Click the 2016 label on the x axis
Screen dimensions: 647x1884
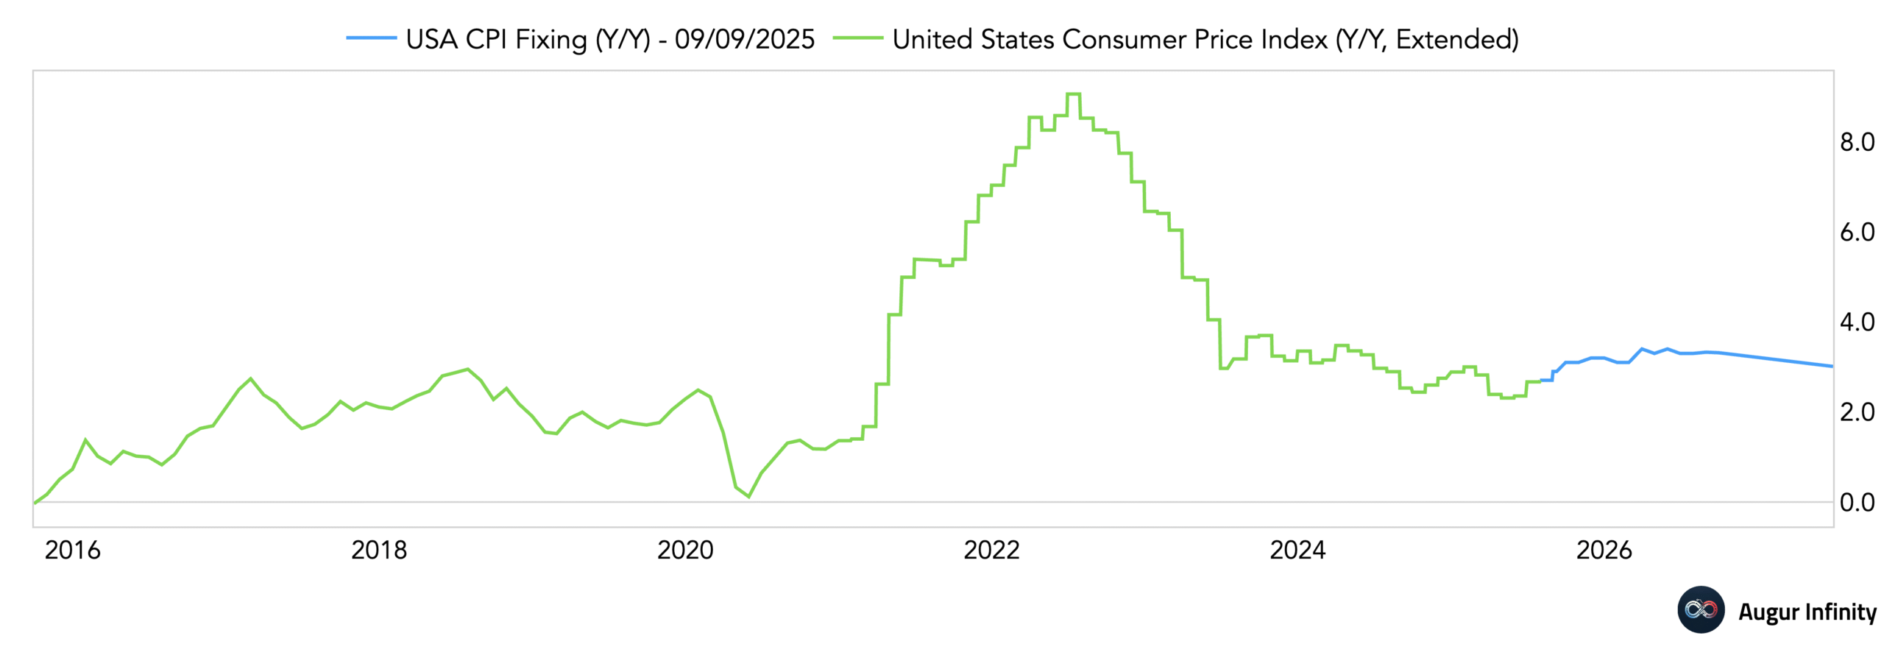(x=72, y=549)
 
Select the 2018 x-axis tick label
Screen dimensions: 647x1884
(x=378, y=549)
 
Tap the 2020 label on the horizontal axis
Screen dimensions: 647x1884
(x=684, y=549)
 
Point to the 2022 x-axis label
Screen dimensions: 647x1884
(x=991, y=549)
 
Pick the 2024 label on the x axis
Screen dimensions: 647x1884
(x=1297, y=549)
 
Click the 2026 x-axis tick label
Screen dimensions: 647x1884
(x=1603, y=549)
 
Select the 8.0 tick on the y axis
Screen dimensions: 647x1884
(x=1856, y=142)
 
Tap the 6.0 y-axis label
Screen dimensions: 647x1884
(x=1856, y=233)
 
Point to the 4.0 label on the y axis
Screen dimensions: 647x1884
(x=1856, y=322)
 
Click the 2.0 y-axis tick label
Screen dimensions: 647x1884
(x=1856, y=412)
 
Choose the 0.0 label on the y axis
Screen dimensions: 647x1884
(x=1856, y=503)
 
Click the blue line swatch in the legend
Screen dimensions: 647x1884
(x=371, y=38)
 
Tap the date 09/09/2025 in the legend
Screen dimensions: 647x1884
(x=744, y=39)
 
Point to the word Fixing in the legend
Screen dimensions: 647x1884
(x=550, y=39)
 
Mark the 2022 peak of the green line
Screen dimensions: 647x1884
(x=1072, y=94)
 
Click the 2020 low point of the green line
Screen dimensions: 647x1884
(x=748, y=497)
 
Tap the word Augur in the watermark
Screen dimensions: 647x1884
(x=1768, y=612)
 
